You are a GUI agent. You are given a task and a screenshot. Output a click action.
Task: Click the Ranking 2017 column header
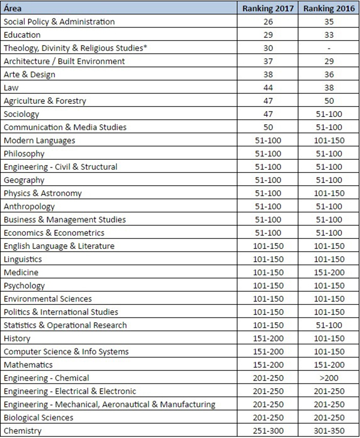click(268, 9)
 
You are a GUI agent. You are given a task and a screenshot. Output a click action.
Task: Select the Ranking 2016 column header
click(328, 9)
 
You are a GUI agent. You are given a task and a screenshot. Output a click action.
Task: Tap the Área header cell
click(13, 9)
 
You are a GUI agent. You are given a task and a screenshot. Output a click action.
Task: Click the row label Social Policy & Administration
click(59, 22)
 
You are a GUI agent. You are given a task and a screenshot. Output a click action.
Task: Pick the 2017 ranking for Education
click(268, 35)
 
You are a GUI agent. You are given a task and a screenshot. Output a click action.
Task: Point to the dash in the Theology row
click(328, 48)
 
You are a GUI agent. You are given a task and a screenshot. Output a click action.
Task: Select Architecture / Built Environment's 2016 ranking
click(328, 61)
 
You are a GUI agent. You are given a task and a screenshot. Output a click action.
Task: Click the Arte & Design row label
click(29, 74)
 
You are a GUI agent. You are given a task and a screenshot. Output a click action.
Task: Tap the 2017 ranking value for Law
click(268, 88)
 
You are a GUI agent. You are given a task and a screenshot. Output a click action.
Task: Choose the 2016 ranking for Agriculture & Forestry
click(328, 101)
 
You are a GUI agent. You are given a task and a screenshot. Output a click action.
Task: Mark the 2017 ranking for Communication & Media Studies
click(268, 127)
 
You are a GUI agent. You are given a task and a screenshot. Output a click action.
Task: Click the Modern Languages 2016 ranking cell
click(328, 140)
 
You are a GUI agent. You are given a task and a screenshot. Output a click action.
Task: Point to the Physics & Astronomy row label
click(43, 193)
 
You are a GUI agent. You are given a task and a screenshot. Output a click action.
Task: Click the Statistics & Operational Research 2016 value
click(328, 325)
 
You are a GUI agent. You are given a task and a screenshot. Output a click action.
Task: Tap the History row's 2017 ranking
click(268, 338)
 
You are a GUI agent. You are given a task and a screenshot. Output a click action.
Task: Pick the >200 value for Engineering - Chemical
click(328, 378)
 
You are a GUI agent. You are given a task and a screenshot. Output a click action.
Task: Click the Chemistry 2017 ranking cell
click(268, 431)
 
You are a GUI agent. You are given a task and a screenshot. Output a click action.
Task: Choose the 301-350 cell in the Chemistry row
click(328, 431)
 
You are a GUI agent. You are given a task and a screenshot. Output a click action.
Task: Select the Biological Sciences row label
click(38, 418)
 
